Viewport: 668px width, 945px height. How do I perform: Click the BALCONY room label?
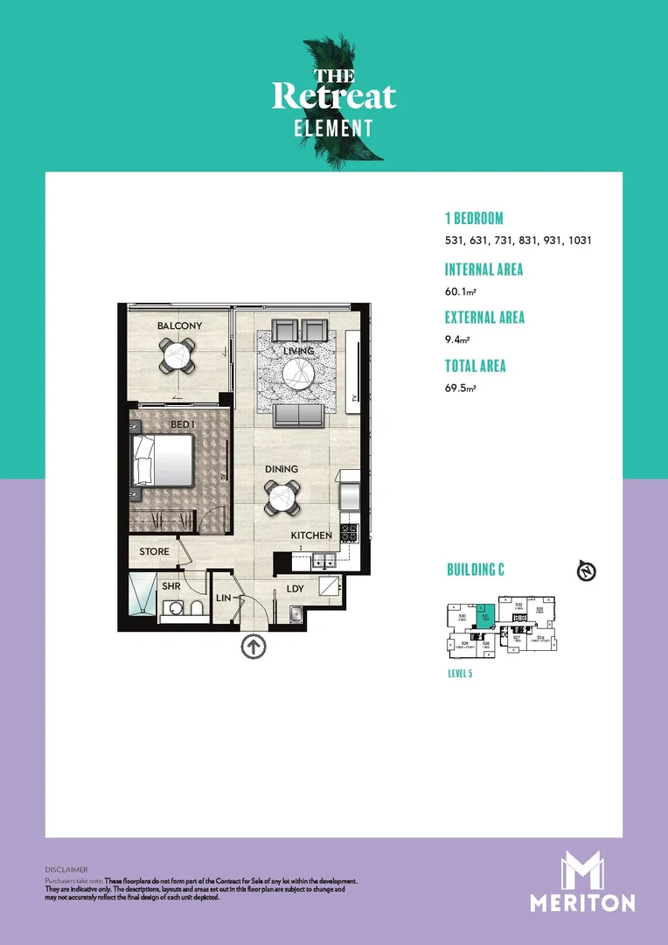(179, 326)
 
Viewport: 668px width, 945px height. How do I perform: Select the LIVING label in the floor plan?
(298, 352)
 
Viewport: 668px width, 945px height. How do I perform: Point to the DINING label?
(281, 469)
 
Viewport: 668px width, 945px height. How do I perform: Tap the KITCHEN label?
(311, 535)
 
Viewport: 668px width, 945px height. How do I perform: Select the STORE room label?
(154, 552)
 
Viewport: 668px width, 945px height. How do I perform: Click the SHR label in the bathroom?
(170, 585)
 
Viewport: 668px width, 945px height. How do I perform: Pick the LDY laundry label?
(296, 589)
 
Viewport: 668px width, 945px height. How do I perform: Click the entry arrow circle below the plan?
(253, 647)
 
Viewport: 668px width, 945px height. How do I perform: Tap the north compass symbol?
(587, 572)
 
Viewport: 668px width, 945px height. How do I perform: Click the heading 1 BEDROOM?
(474, 218)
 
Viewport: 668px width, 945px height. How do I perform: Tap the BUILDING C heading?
(476, 570)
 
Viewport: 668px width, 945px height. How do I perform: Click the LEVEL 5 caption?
(460, 674)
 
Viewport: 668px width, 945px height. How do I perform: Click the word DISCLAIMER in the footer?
(66, 870)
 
